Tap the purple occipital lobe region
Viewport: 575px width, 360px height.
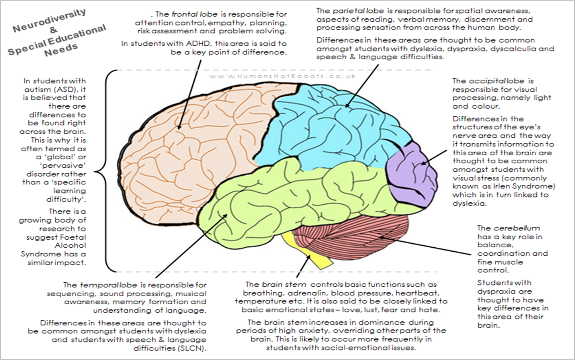(411, 176)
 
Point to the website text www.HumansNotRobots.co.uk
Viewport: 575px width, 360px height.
(282, 76)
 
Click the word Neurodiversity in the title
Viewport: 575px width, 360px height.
(49, 21)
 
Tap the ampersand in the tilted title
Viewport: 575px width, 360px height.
(54, 30)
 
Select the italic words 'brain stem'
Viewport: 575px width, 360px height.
(284, 284)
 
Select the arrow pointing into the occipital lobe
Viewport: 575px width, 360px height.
(434, 157)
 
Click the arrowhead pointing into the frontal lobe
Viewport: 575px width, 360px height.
(179, 127)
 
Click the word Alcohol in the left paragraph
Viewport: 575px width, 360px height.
(70, 245)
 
